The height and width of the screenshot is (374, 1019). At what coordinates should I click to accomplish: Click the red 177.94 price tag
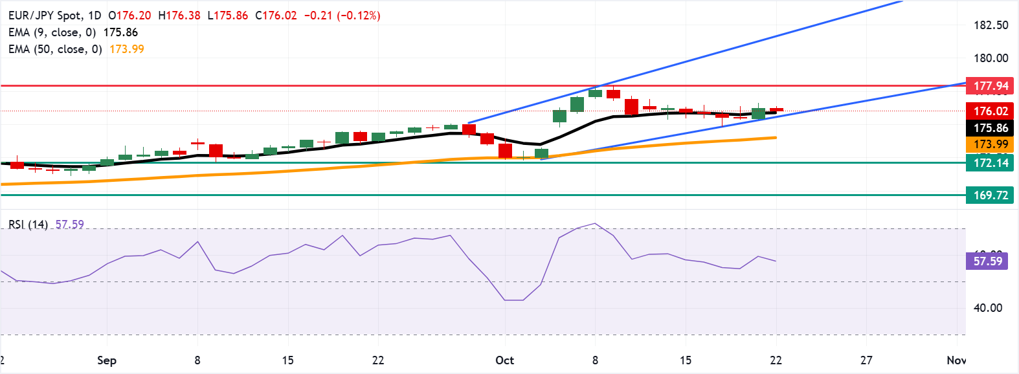[990, 86]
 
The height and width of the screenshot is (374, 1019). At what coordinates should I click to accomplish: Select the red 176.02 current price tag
[990, 111]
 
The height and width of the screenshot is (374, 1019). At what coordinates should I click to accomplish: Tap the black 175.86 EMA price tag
[990, 128]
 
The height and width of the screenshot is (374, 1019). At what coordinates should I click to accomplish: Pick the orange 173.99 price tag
[990, 144]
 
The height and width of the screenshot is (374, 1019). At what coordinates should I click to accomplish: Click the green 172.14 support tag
[990, 163]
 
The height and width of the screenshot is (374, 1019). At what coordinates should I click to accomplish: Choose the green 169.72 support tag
[990, 195]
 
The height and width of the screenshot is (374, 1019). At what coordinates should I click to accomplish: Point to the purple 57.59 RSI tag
[987, 261]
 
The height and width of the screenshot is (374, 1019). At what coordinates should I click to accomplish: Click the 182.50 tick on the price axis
[991, 25]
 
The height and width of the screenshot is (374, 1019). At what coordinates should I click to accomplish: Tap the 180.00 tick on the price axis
[991, 58]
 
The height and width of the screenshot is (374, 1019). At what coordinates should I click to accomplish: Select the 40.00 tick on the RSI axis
[987, 308]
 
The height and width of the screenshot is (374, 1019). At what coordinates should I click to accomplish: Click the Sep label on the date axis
[107, 360]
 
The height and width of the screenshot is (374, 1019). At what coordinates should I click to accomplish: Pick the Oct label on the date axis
[504, 360]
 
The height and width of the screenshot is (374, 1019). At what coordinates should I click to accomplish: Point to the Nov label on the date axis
[956, 360]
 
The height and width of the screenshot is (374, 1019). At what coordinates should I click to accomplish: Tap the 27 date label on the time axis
[866, 360]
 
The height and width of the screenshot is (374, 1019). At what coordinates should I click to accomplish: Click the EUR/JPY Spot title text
[45, 15]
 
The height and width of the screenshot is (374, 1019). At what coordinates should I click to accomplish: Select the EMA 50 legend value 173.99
[127, 49]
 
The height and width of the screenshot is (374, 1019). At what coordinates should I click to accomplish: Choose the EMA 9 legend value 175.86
[120, 32]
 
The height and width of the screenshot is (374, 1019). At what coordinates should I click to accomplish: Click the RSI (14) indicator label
[28, 225]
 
